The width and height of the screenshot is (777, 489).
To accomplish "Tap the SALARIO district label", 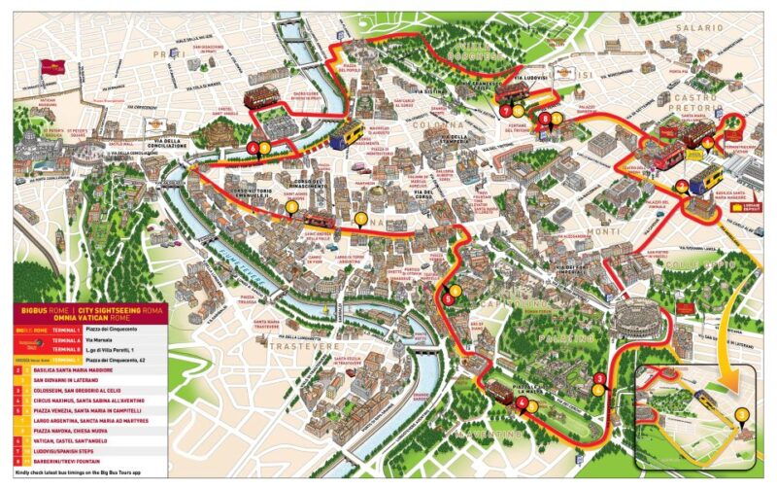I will click(x=703, y=30).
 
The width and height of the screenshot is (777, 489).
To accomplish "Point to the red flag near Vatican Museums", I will click(x=48, y=69).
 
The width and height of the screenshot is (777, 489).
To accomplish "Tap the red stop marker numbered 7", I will click(x=506, y=111).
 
